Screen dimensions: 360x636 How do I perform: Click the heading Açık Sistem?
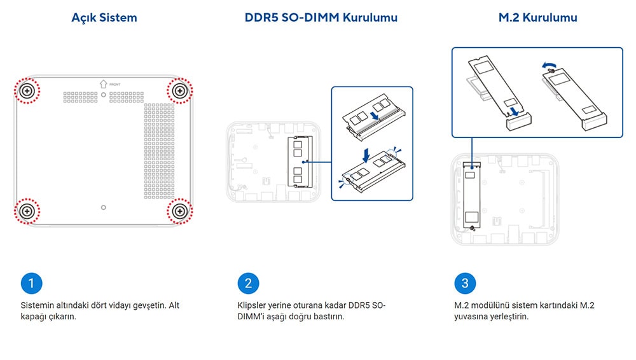coord(104,18)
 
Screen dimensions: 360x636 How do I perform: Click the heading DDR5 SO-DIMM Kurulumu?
coord(321,18)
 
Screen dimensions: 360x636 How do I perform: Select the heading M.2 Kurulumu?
coord(537,18)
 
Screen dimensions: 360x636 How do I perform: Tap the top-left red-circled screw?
coord(27,92)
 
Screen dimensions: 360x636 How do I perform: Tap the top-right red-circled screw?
coord(181,92)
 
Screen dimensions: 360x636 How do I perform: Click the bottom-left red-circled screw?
coord(27,211)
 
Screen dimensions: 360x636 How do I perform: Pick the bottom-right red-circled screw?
coord(181,211)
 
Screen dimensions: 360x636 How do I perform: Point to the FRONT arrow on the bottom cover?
coord(104,83)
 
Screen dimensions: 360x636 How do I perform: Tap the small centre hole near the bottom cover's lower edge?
coord(104,207)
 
